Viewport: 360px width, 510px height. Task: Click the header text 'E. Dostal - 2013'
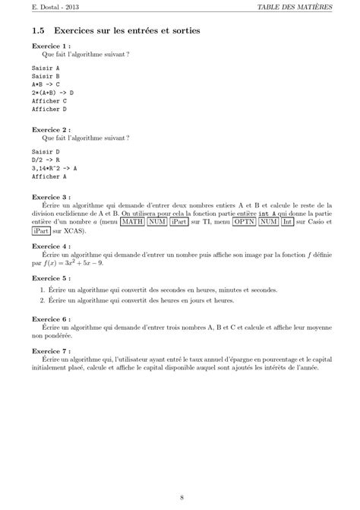47,8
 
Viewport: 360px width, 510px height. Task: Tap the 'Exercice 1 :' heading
51,46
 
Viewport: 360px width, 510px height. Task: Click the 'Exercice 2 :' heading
51,129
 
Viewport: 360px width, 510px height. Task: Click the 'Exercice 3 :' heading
51,197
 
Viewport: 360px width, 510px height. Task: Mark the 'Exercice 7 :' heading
51,352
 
